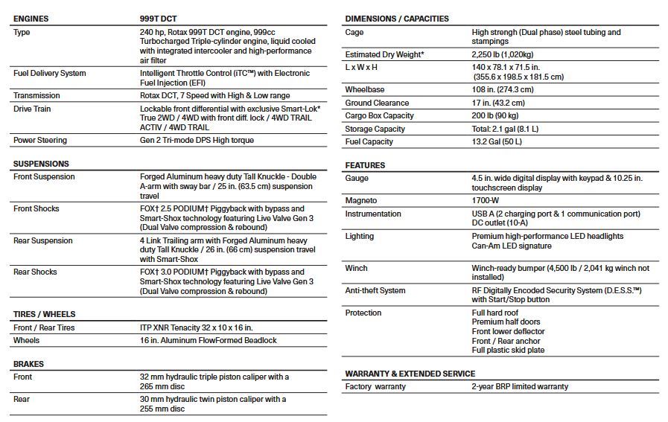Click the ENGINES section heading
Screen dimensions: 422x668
point(31,19)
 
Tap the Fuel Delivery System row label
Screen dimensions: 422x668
point(49,73)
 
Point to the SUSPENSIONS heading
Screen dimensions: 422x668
point(41,164)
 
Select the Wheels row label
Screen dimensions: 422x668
point(27,340)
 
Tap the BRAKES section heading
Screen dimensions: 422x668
point(28,364)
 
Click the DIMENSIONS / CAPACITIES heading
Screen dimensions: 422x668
point(397,19)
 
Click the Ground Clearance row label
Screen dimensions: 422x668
point(377,103)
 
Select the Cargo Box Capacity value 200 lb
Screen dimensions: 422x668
point(495,115)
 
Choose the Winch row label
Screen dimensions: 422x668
point(357,268)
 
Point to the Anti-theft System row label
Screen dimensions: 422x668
point(375,290)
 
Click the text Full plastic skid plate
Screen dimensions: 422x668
point(508,350)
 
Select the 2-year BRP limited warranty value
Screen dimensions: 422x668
point(520,387)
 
